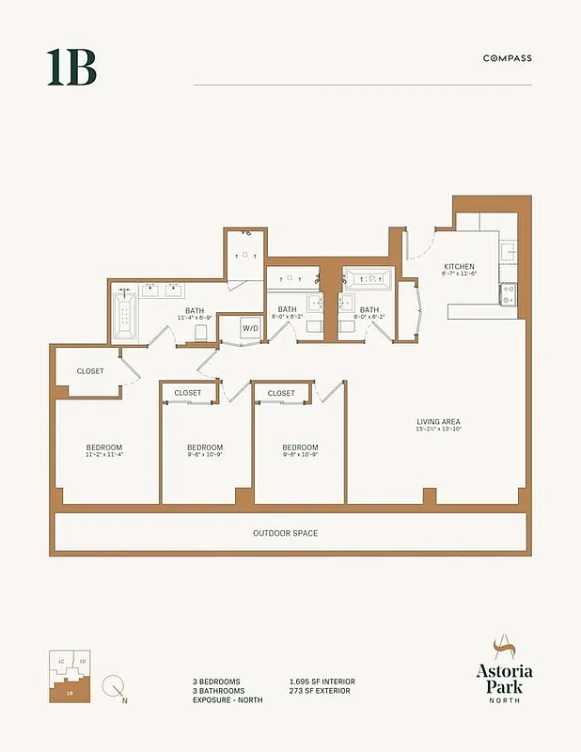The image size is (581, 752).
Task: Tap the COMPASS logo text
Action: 507,58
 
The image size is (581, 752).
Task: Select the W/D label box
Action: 251,328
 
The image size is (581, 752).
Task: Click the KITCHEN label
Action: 459,267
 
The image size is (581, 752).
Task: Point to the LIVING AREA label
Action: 439,421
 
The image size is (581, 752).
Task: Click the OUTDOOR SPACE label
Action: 285,533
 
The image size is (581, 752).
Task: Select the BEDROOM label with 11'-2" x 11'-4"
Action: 104,447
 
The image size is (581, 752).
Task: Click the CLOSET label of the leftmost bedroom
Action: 90,371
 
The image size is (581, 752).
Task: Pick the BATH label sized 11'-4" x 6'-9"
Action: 195,311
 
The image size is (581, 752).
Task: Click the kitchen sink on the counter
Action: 508,300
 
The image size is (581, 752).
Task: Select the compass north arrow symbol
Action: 115,688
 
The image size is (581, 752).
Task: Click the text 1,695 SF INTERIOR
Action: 322,681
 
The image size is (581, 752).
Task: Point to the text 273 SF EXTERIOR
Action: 321,691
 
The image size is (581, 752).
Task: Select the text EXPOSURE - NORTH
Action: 228,700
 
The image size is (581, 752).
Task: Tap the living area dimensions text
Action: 439,430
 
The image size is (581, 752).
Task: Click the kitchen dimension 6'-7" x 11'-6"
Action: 460,274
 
